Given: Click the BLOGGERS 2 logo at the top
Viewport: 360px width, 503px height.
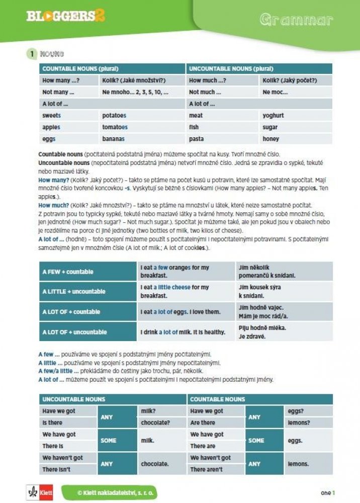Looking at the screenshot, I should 65,16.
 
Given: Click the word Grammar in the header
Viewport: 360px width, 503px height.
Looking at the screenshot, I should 296,20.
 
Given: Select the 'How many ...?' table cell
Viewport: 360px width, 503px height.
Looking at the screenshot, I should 69,80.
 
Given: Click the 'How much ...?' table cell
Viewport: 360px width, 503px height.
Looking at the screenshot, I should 223,80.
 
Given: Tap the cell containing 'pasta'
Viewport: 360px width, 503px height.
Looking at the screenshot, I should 223,138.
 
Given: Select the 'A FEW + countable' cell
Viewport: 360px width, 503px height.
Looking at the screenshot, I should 87,272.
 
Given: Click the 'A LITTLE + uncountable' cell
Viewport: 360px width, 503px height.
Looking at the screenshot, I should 87,291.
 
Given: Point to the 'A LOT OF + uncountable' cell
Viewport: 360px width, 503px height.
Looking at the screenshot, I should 87,332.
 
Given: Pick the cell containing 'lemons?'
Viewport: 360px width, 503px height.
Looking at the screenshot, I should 308,423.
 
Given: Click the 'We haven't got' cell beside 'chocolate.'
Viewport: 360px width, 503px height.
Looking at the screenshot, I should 67,458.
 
